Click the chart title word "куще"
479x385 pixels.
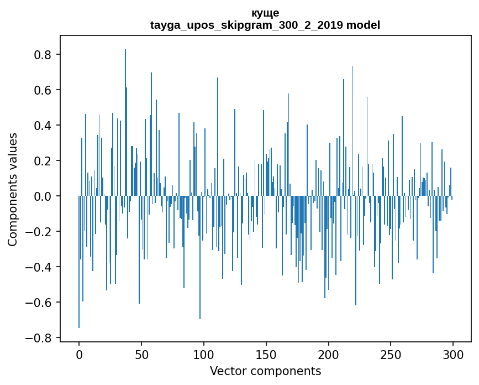tap(265, 13)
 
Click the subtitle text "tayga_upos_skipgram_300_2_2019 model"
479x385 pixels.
tap(265, 25)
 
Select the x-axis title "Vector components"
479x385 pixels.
tap(265, 371)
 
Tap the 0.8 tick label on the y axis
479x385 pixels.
tap(43, 55)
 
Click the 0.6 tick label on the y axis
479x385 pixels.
tap(43, 90)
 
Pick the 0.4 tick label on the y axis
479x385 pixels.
tap(43, 126)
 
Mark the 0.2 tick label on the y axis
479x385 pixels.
tap(43, 161)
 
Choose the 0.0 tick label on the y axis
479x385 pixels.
tap(43, 196)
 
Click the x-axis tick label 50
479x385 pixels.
tap(141, 353)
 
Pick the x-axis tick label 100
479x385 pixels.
tap(204, 353)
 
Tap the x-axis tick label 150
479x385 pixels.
tap(266, 353)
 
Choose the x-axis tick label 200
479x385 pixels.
tap(329, 353)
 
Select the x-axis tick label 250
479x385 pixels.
tap(391, 353)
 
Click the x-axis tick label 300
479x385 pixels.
tap(454, 353)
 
